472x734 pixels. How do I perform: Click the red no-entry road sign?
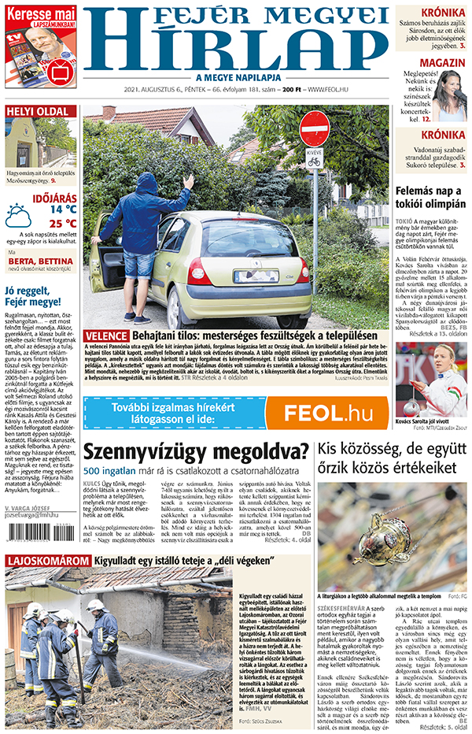(314, 128)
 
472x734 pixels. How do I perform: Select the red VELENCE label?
(105, 335)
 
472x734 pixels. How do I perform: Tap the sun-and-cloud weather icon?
(18, 215)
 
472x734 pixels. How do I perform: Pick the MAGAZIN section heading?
(441, 62)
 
